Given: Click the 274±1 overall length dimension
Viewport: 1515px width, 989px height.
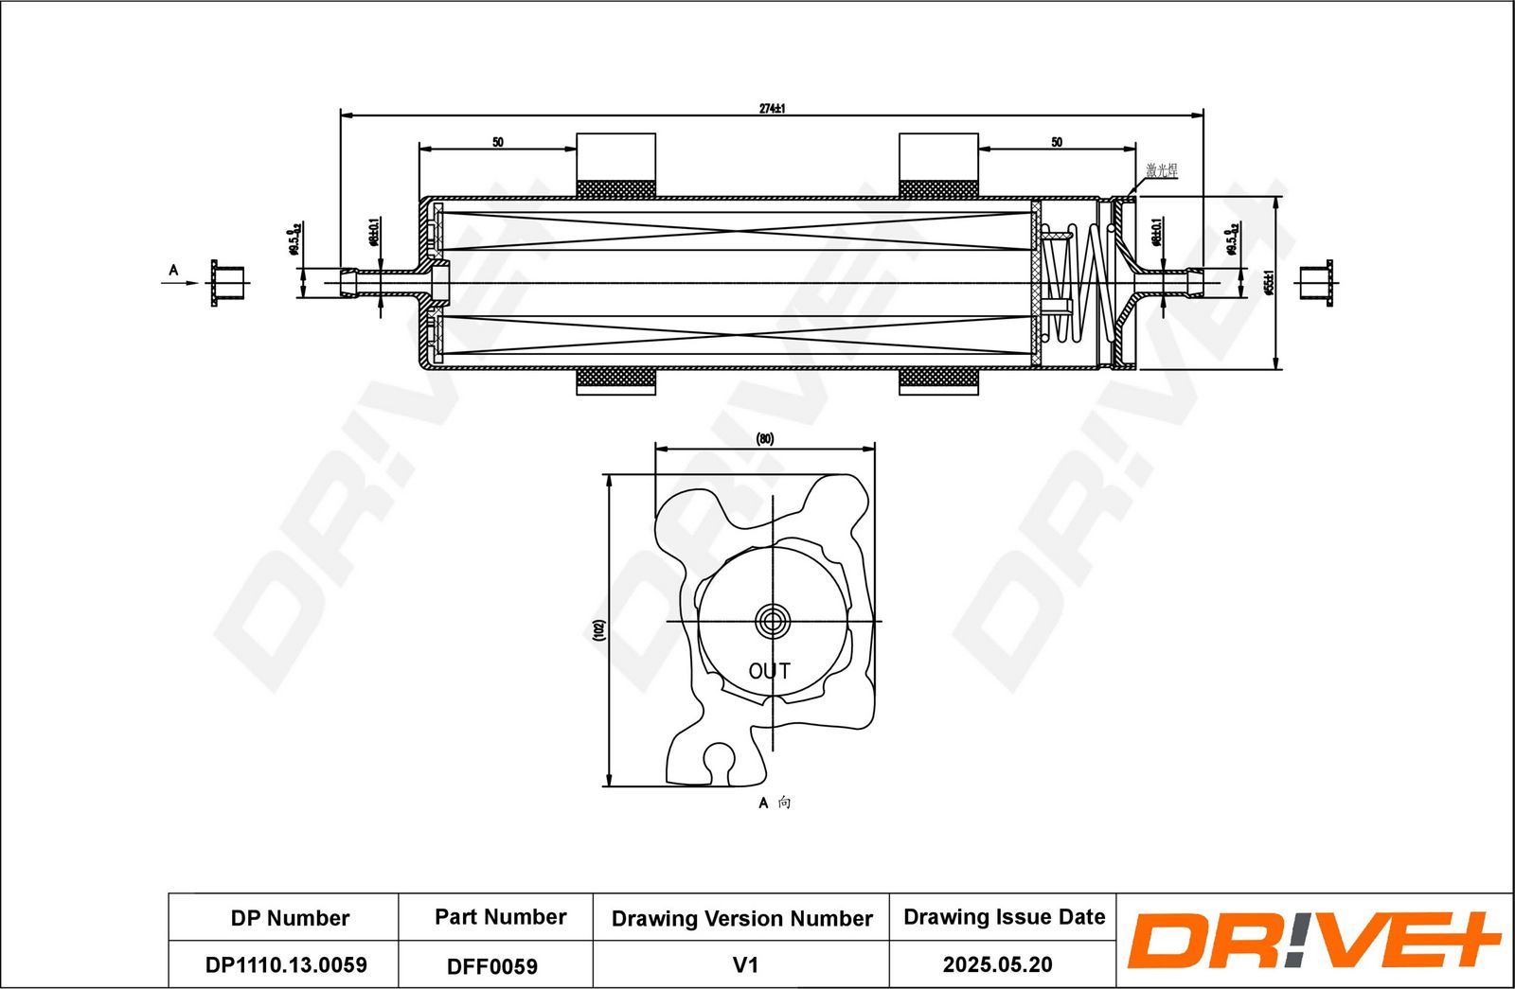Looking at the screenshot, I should [x=772, y=108].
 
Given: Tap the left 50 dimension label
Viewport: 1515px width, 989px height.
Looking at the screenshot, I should [x=498, y=142].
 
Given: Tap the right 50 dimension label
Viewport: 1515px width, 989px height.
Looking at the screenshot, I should [x=1057, y=142].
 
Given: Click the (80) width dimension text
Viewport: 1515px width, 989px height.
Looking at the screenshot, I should [x=765, y=439].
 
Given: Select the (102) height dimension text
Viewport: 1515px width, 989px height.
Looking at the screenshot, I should [x=598, y=630].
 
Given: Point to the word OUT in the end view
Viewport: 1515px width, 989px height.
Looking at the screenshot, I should [x=769, y=671].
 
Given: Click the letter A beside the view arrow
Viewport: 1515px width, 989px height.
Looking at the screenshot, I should [x=173, y=271].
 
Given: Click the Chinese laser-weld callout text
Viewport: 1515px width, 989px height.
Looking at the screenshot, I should [x=1162, y=170].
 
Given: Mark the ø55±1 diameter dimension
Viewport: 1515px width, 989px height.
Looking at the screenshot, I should [x=1269, y=282].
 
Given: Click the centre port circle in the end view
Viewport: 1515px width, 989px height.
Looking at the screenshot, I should [x=773, y=622].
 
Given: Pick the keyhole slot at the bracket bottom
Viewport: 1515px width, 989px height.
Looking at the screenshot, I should [x=720, y=762].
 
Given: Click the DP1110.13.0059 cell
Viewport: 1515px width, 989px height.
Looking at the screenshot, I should [x=286, y=964].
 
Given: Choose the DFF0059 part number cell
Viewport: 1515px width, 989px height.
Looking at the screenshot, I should [x=492, y=966].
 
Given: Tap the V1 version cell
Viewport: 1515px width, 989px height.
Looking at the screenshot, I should [x=745, y=964].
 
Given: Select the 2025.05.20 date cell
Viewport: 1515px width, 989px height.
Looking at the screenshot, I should [x=997, y=964].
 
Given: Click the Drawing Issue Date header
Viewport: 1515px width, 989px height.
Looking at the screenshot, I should [x=1004, y=916].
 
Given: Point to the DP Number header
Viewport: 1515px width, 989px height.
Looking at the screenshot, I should [x=290, y=918].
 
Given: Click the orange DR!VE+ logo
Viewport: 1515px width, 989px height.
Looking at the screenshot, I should [x=1312, y=941].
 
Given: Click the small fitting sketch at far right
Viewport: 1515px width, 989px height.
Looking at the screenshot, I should [x=1315, y=282].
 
